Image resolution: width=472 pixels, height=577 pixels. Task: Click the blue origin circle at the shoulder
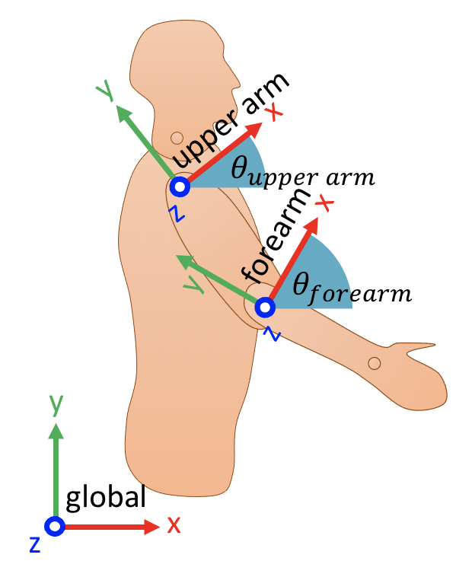(180, 186)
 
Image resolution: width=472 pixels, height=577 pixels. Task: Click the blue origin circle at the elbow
(265, 307)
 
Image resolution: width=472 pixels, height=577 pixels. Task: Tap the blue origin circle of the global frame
(54, 526)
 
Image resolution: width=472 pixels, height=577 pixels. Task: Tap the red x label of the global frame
(174, 524)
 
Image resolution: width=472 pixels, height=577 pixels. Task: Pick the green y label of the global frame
(56, 405)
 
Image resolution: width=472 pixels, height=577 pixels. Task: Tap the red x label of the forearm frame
(324, 203)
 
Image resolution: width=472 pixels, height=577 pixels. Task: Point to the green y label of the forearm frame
(195, 284)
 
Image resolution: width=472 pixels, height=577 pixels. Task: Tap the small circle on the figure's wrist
(374, 363)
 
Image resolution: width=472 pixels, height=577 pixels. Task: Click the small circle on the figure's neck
(177, 138)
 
